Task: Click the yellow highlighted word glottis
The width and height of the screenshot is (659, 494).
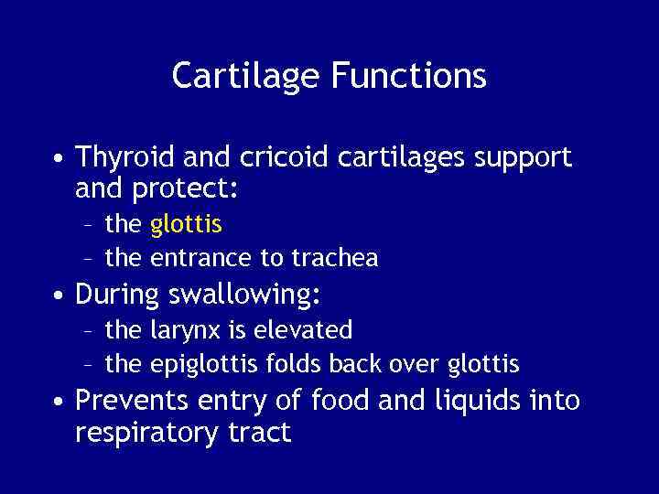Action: point(186,224)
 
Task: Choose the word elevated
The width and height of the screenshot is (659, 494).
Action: point(307,329)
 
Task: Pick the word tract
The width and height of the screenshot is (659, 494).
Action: point(263,432)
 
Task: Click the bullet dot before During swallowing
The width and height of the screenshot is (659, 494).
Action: point(58,295)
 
